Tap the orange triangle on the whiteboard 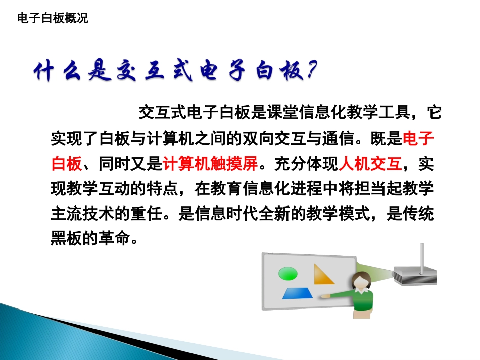tap(324, 275)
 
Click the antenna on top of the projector tap(422, 255)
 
